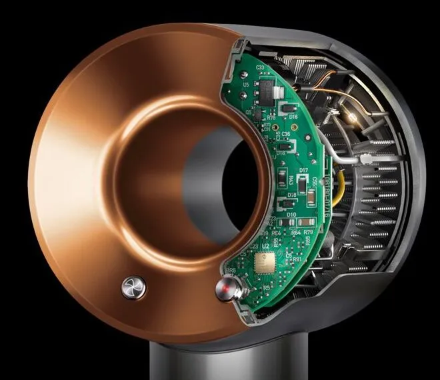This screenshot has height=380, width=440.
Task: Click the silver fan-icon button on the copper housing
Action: [131, 288]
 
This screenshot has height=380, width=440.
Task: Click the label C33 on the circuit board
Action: [260, 68]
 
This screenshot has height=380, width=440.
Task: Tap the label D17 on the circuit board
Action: [303, 171]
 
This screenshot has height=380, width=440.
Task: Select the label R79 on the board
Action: [309, 232]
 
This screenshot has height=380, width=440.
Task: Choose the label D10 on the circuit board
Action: [292, 214]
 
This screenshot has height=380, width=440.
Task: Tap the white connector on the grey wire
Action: [366, 158]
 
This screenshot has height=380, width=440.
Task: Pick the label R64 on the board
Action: [296, 232]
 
